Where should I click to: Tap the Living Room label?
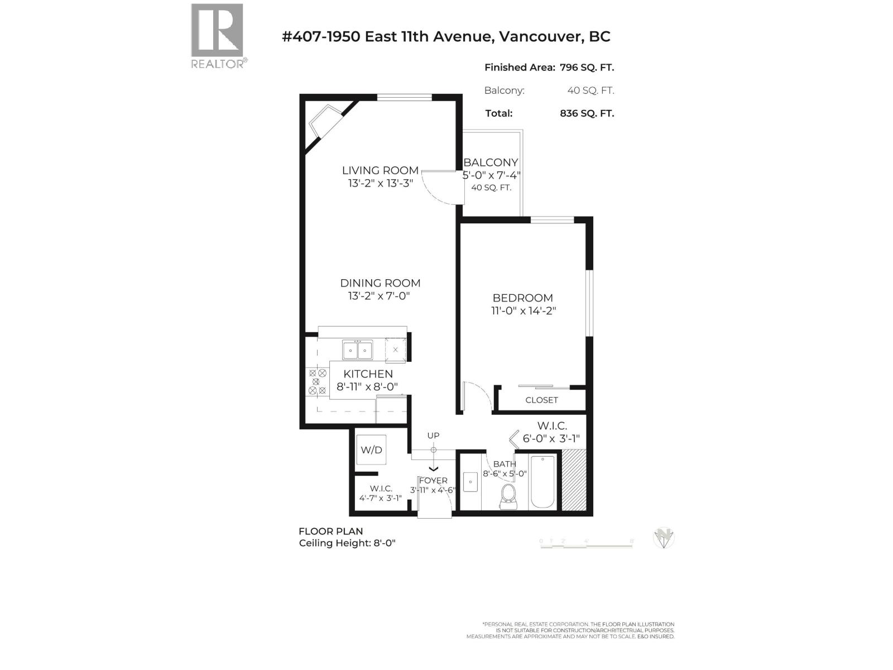380,170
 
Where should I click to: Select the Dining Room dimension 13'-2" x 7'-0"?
380,296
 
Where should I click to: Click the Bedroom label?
522,298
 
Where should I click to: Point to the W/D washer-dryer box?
371,449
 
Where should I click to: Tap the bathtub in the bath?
543,482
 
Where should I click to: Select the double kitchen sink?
357,351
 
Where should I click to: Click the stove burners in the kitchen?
317,382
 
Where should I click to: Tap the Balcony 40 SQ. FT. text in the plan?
491,188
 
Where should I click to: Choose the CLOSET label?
541,400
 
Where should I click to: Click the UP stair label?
433,435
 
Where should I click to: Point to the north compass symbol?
664,538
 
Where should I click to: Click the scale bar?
586,545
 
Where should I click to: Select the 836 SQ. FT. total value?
587,113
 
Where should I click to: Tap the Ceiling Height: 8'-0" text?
347,543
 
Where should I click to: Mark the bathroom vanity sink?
470,481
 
